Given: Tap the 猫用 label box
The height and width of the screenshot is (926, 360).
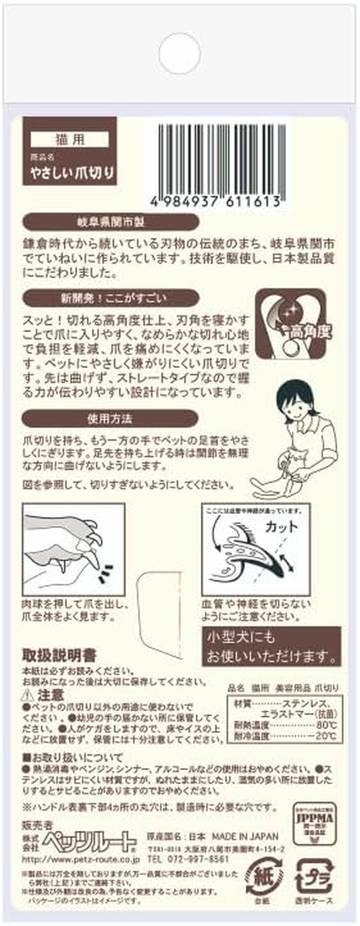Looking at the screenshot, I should [x=70, y=139].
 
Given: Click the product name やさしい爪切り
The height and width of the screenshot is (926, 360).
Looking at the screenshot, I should [x=72, y=172].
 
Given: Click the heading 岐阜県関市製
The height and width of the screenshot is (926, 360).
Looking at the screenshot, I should [x=110, y=222].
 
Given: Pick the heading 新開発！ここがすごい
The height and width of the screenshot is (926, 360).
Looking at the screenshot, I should [x=110, y=298].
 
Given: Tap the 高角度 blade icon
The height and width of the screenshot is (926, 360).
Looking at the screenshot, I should [x=291, y=324].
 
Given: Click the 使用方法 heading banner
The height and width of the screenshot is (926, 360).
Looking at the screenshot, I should [x=110, y=418].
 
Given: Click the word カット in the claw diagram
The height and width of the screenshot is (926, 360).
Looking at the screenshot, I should [x=281, y=526].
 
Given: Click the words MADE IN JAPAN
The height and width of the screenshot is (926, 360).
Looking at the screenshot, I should [x=245, y=836].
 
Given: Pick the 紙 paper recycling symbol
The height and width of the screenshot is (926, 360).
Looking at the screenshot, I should [x=264, y=876].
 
